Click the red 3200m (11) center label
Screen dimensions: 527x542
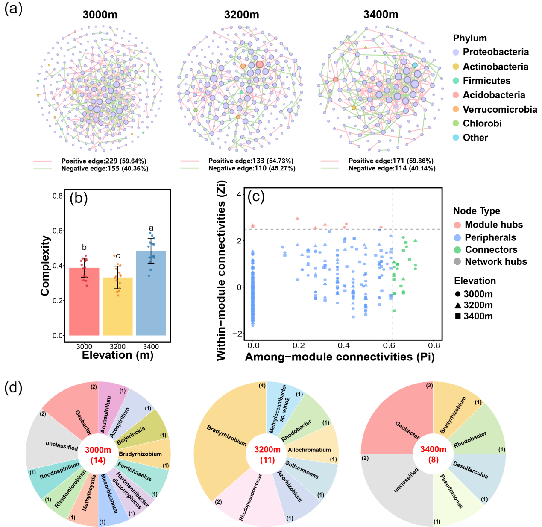point(267,455)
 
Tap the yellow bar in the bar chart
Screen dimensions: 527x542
point(117,307)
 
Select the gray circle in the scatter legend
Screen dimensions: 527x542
point(457,261)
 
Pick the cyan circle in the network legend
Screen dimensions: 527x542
point(456,138)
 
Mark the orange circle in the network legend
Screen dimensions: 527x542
point(456,109)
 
